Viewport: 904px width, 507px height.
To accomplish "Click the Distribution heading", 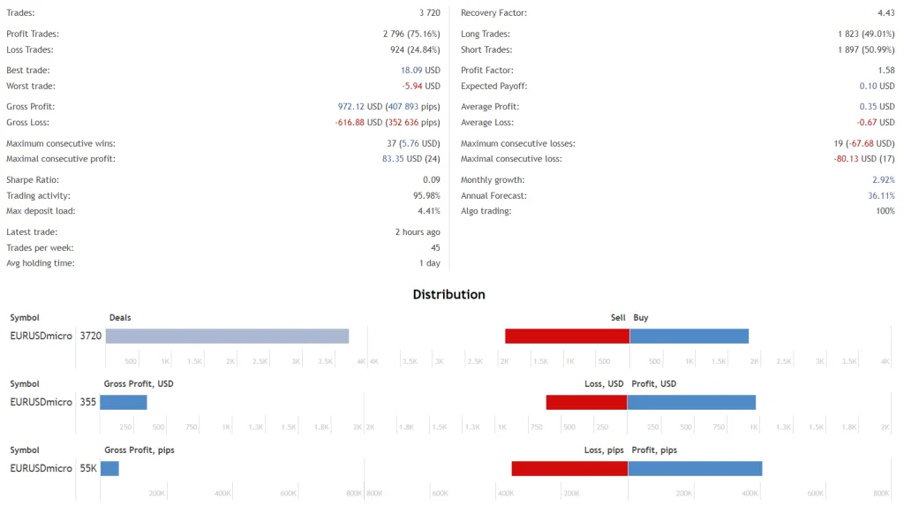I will (448, 294).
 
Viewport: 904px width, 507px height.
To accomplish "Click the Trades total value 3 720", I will (423, 13).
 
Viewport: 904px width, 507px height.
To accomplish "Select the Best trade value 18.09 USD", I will (420, 70).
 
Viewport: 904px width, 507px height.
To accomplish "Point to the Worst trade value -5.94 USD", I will (421, 87).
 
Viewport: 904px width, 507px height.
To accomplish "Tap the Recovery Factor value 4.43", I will (885, 13).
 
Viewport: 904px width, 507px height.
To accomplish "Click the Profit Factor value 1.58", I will (885, 70).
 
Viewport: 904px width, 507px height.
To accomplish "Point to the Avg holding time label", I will (40, 262).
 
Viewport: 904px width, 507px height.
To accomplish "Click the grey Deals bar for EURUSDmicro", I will (227, 336).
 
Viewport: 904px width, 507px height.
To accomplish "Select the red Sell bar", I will (567, 336).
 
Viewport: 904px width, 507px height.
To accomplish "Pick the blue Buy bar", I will (689, 336).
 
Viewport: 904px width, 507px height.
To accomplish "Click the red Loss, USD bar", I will (586, 402).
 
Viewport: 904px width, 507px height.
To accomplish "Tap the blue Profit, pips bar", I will (694, 468).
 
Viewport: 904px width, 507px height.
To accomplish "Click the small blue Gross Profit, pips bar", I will (109, 468).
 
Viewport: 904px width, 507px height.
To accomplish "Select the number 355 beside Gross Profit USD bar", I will (87, 402).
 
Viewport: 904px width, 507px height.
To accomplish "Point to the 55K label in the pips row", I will (88, 468).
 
